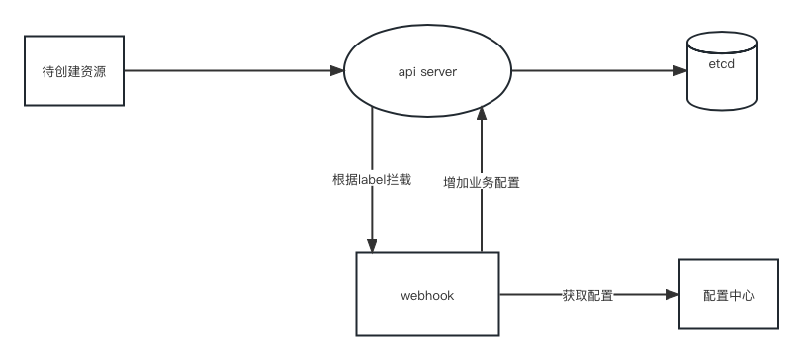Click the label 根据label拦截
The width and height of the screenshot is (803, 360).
(372, 180)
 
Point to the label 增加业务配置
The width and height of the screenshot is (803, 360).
(482, 182)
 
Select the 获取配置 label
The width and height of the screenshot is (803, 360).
(587, 295)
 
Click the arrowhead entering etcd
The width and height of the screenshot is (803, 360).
(680, 70)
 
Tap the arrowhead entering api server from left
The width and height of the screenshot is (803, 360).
(337, 70)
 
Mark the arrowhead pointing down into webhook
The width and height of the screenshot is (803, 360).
(372, 246)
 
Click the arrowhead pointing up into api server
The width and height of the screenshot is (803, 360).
(482, 113)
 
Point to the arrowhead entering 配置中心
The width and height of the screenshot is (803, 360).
(672, 294)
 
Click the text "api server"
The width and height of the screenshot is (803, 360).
(427, 72)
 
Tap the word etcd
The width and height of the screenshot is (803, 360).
(722, 64)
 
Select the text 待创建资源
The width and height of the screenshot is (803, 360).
(74, 71)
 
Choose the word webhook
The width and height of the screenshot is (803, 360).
(427, 296)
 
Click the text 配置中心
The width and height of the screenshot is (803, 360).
(729, 295)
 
